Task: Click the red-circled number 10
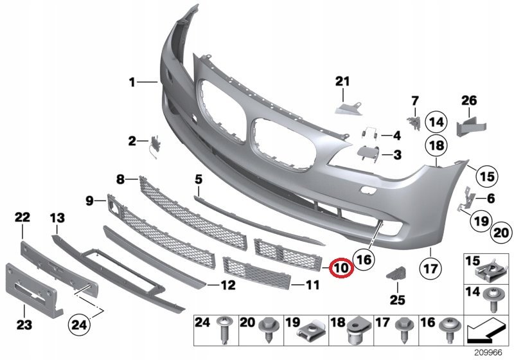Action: click(341, 266)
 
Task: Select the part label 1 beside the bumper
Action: click(132, 82)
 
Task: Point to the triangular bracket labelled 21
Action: click(347, 104)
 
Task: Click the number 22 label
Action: click(22, 219)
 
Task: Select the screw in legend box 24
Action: click(225, 330)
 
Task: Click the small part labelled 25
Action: click(395, 273)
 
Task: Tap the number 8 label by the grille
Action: click(120, 179)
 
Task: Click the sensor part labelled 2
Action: click(155, 145)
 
